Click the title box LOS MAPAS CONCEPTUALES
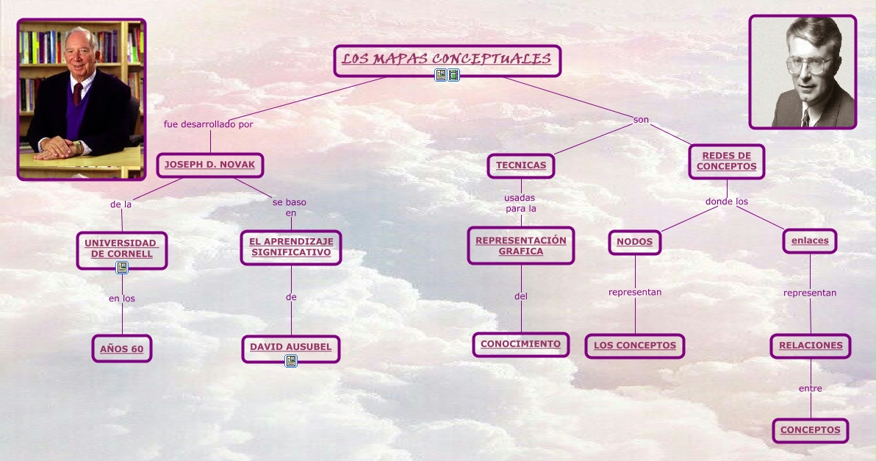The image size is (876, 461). [447, 60]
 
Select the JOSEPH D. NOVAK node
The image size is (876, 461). [209, 165]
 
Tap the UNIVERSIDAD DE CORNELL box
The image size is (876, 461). [121, 249]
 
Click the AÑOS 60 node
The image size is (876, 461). [122, 349]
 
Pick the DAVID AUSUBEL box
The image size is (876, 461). [290, 347]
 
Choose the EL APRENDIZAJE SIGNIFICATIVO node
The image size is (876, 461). [291, 247]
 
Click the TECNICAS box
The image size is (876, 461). [520, 165]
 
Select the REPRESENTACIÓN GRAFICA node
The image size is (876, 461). [520, 246]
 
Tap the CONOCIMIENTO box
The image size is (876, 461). [520, 344]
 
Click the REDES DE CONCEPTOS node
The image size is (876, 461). [726, 161]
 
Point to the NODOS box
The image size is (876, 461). [634, 241]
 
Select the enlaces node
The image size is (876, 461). [809, 240]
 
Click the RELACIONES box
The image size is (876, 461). [811, 345]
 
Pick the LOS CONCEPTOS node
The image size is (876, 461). [635, 346]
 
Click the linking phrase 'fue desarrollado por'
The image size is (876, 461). [208, 124]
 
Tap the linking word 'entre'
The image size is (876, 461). [810, 388]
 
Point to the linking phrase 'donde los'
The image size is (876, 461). [726, 201]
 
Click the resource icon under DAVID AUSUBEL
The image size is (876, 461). [291, 361]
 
